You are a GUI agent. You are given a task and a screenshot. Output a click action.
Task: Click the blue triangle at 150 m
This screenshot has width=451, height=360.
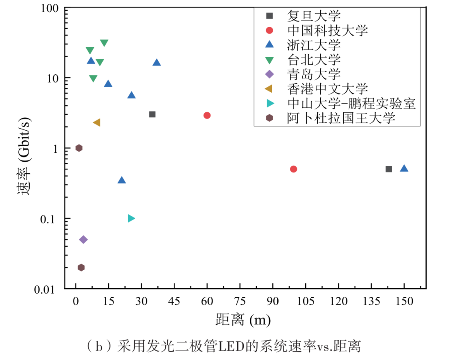coord(404,168)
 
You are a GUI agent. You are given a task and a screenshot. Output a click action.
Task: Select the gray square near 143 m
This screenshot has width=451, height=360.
coord(389,169)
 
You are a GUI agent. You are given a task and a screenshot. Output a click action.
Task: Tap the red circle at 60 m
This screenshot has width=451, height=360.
coord(207,115)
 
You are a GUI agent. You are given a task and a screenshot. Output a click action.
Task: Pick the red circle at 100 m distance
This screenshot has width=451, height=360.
coord(294,169)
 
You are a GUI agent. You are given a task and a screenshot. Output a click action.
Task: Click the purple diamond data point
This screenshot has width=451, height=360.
coord(84,239)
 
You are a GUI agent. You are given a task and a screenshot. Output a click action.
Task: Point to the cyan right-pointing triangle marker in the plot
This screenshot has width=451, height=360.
coord(131,218)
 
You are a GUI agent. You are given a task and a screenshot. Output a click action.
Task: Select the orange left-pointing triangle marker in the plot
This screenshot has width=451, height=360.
coord(96,122)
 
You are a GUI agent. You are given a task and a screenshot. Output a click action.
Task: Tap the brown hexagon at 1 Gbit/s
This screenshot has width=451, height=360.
coord(79,148)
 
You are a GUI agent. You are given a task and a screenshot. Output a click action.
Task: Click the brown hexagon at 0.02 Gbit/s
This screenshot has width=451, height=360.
coord(81,267)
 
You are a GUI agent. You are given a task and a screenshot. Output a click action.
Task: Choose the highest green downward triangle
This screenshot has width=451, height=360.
coord(104,43)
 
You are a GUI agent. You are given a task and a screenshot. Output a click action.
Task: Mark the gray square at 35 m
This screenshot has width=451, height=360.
coord(152,114)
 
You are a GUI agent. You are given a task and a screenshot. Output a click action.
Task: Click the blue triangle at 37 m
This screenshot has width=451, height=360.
coord(157,63)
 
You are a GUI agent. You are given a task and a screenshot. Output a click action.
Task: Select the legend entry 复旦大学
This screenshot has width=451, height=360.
coord(314,16)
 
